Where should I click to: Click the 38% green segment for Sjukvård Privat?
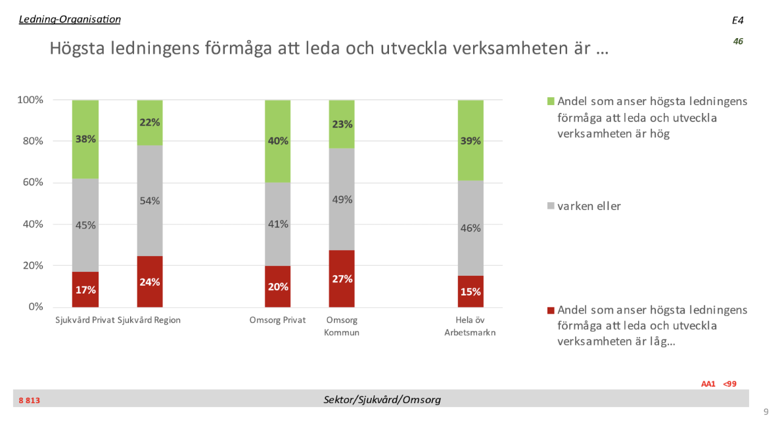(85, 139)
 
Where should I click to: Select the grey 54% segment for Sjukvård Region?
(150, 201)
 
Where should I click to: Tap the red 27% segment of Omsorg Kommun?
(342, 278)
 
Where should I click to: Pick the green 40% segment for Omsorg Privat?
(277, 141)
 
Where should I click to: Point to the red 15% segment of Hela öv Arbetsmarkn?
(470, 292)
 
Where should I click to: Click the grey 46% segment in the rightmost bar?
(470, 228)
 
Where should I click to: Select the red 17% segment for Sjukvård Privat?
(85, 290)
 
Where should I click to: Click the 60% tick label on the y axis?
(30, 183)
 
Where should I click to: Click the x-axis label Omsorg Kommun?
(342, 326)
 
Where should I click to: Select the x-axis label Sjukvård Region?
(149, 320)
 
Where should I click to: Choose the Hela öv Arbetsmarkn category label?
(470, 326)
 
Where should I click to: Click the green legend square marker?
(551, 102)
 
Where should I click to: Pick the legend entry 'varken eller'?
(589, 206)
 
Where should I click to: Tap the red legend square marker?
(551, 310)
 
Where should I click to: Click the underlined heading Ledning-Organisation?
(70, 19)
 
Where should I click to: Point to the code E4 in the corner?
(737, 21)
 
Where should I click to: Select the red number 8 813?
(29, 400)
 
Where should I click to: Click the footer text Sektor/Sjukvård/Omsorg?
(382, 399)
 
